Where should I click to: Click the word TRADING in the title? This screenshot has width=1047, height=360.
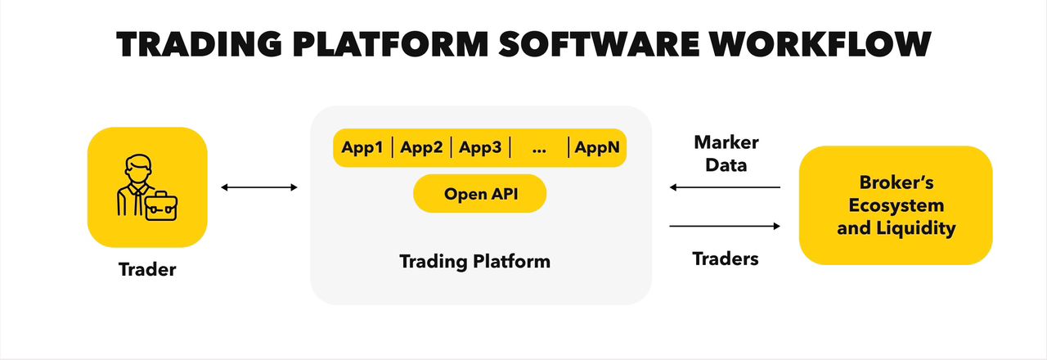click(x=199, y=44)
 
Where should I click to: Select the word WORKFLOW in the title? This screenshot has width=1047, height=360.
click(x=820, y=44)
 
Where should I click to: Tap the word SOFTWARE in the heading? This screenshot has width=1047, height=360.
click(x=599, y=44)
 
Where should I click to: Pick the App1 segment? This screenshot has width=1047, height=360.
click(x=362, y=148)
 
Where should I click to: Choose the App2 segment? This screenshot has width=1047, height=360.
click(x=421, y=148)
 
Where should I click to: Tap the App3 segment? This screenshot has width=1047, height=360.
click(x=480, y=148)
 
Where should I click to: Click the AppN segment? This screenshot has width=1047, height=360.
click(x=597, y=148)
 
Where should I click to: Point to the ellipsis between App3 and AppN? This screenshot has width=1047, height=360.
click(x=539, y=151)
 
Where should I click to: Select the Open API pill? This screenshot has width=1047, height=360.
click(x=480, y=194)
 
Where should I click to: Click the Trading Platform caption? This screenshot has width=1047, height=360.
click(x=475, y=261)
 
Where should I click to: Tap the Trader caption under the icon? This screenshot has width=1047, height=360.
click(x=147, y=269)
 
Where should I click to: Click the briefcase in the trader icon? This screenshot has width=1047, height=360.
click(x=161, y=206)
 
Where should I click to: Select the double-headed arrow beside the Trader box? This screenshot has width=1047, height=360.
click(x=259, y=187)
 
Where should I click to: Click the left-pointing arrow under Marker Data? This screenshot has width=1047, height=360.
click(x=725, y=187)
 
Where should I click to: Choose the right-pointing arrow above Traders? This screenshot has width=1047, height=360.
click(x=725, y=227)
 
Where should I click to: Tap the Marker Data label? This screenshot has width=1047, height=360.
click(x=726, y=153)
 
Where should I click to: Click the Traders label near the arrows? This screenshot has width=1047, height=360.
click(x=726, y=259)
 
